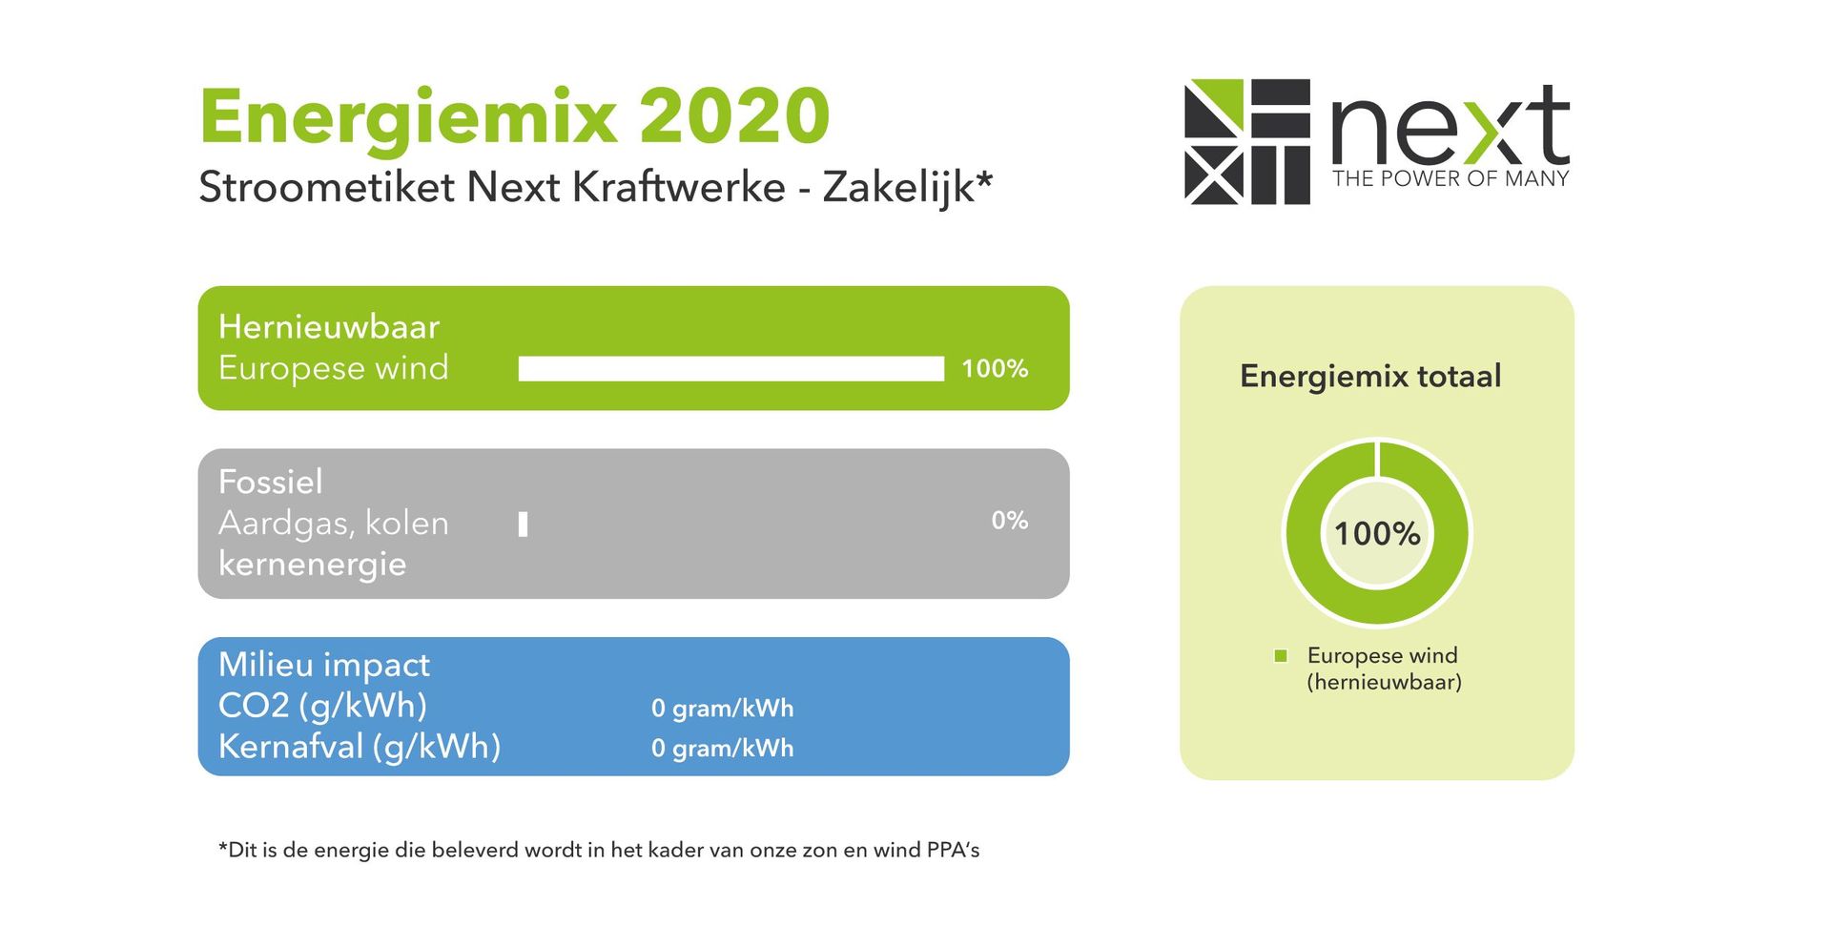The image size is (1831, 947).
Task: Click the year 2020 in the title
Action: coord(734,115)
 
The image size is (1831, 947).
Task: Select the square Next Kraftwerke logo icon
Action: coord(1246,141)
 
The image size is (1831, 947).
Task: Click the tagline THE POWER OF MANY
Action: coord(1450,178)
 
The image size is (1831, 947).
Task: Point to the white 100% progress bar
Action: coord(730,369)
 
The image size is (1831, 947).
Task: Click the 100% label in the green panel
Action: coord(995,369)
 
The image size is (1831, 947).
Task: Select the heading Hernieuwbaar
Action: coord(329,327)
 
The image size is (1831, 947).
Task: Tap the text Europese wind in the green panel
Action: coord(333,368)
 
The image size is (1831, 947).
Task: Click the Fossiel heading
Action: coord(270,482)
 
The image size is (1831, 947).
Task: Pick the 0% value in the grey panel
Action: coord(1009,521)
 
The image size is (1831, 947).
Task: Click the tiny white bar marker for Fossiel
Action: coord(523,525)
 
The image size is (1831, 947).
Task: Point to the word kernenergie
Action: coord(312,565)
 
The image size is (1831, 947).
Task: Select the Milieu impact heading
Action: coord(324,665)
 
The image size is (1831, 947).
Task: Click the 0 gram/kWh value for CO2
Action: coord(722,709)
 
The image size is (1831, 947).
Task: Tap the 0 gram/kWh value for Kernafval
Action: coord(722,749)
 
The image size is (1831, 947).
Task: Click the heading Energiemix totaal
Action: coord(1370,377)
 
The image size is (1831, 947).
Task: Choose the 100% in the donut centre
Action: coord(1377,534)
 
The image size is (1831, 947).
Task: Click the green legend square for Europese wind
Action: coord(1281,655)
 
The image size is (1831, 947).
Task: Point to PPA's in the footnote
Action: coord(953,850)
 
